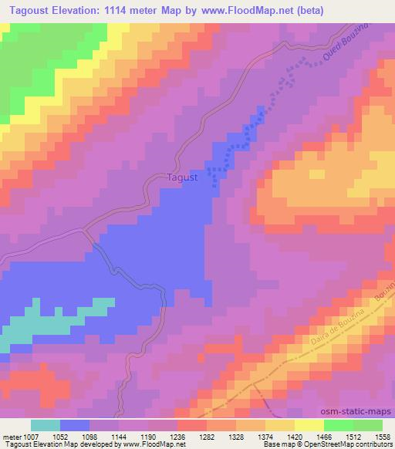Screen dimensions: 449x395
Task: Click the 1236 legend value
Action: (177, 436)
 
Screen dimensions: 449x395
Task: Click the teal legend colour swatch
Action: (46, 425)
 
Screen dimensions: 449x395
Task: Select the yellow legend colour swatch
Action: (309, 425)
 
